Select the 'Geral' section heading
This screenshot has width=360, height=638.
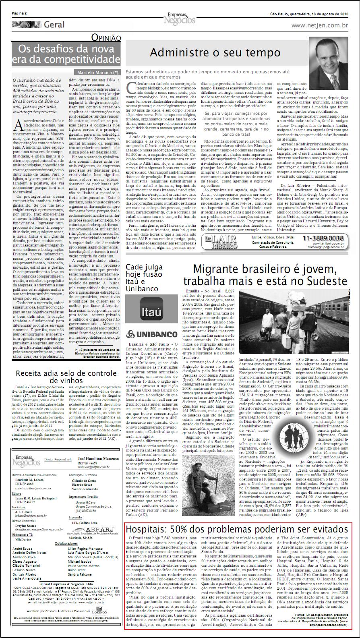pyautogui.click(x=54, y=25)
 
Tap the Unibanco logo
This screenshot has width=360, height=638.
pyautogui.click(x=151, y=334)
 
